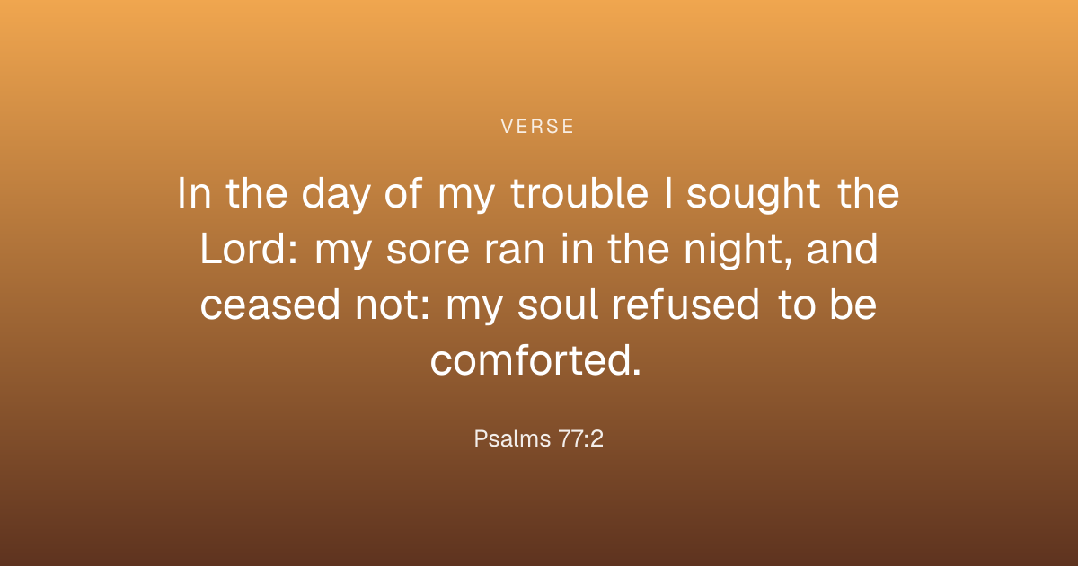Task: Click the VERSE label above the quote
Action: pos(537,127)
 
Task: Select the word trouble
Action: pos(579,193)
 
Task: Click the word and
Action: pos(843,249)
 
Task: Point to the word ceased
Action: pos(270,305)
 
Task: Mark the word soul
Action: pos(558,305)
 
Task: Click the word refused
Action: pos(685,305)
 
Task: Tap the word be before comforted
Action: pos(853,305)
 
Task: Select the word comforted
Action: pos(535,360)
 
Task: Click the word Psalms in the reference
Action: pos(512,438)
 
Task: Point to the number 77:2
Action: pos(580,438)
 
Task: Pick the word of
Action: pos(403,193)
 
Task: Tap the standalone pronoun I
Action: pos(668,193)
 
